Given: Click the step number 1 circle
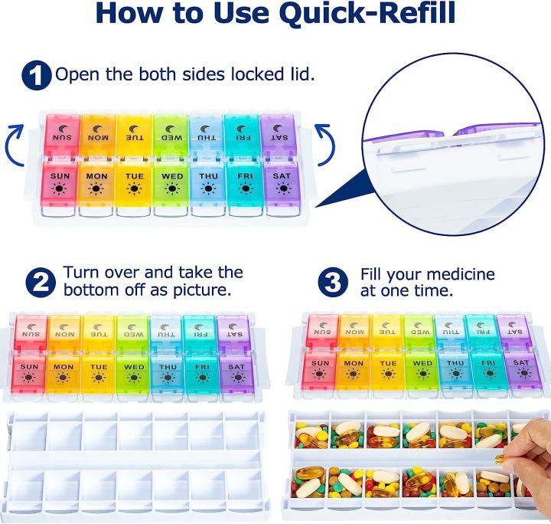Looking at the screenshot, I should point(37,75).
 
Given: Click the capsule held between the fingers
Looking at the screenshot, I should point(500,460).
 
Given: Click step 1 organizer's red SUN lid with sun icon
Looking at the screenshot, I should point(61,184).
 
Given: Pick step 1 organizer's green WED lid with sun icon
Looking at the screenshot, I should point(172,184).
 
